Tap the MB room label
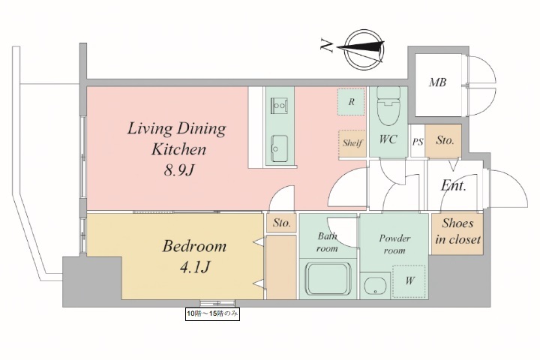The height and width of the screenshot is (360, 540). pos(437,82)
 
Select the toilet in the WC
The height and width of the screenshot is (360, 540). pos(388,106)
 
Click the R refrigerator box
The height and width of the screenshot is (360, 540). pos(351,102)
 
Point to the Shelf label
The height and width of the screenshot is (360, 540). pos(352,142)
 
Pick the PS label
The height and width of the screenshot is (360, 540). pos(418,142)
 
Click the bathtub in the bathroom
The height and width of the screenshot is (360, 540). pos(328,279)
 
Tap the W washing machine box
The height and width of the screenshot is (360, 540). pos(409,281)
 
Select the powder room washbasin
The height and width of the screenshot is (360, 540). pos(375,286)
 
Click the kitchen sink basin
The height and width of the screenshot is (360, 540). pos(279,148)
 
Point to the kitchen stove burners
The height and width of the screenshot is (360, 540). pos(279,106)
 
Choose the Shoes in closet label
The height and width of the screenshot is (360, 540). pos(457,232)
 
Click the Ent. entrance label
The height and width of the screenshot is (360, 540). pos(454,186)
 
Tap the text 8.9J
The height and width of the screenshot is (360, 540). pos(179,170)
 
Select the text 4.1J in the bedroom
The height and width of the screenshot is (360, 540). pos(195,267)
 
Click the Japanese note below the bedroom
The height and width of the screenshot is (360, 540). pos(212,313)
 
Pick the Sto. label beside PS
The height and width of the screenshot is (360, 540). pos(445,140)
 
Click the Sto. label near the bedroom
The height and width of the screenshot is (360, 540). pos(282,223)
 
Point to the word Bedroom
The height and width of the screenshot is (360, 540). pos(194,246)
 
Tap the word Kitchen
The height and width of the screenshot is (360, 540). pos(179,149)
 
